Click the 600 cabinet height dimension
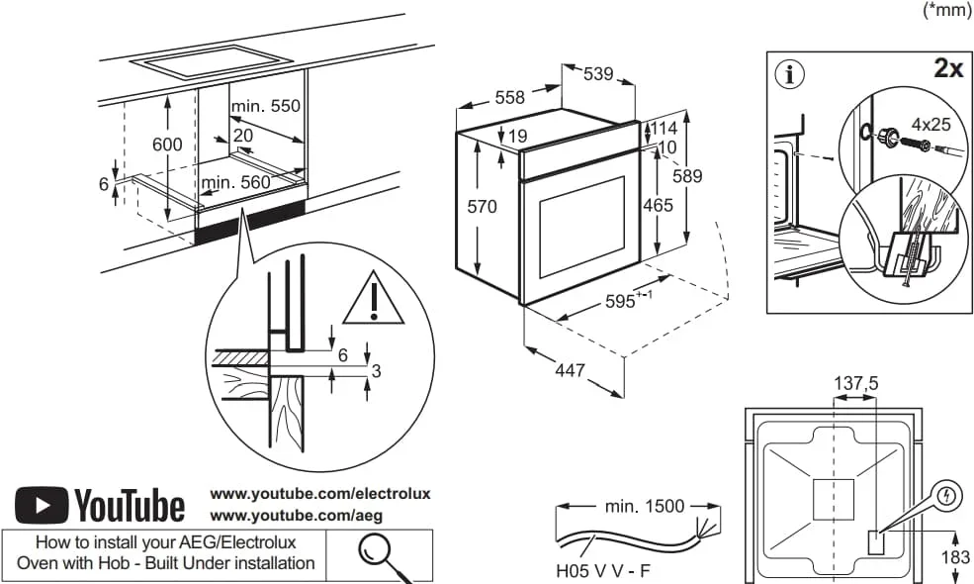(x=167, y=144)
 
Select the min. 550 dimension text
(x=265, y=106)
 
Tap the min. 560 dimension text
(x=235, y=182)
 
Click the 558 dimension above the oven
(x=509, y=97)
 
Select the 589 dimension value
(x=686, y=176)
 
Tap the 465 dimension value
(x=658, y=205)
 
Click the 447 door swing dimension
(x=569, y=370)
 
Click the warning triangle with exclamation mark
(x=374, y=301)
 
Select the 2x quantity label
(x=947, y=68)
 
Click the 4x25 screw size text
(x=930, y=125)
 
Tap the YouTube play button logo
(x=42, y=505)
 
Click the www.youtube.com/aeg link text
(x=297, y=515)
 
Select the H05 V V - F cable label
(x=603, y=571)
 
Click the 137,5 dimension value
(x=856, y=383)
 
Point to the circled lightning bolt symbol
(x=946, y=496)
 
